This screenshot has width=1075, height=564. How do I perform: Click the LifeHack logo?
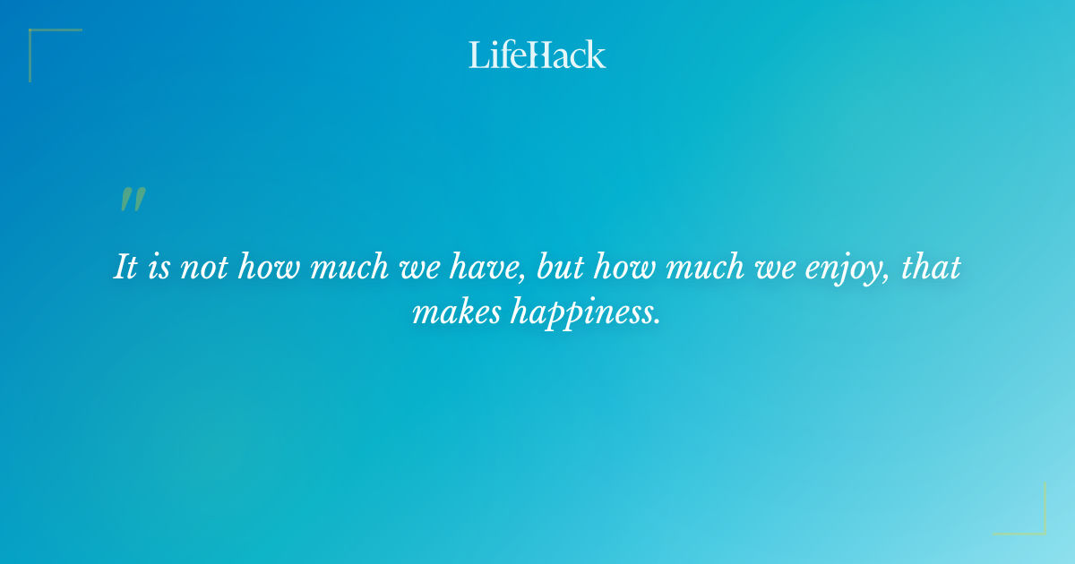(537, 55)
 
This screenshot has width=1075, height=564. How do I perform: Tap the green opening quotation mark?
(132, 200)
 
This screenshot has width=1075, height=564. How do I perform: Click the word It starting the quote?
(125, 268)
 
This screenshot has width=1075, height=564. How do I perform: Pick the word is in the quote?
(159, 268)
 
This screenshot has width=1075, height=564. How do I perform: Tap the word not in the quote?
(202, 268)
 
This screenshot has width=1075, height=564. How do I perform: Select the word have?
(474, 268)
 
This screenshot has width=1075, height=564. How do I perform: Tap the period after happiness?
(658, 320)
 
